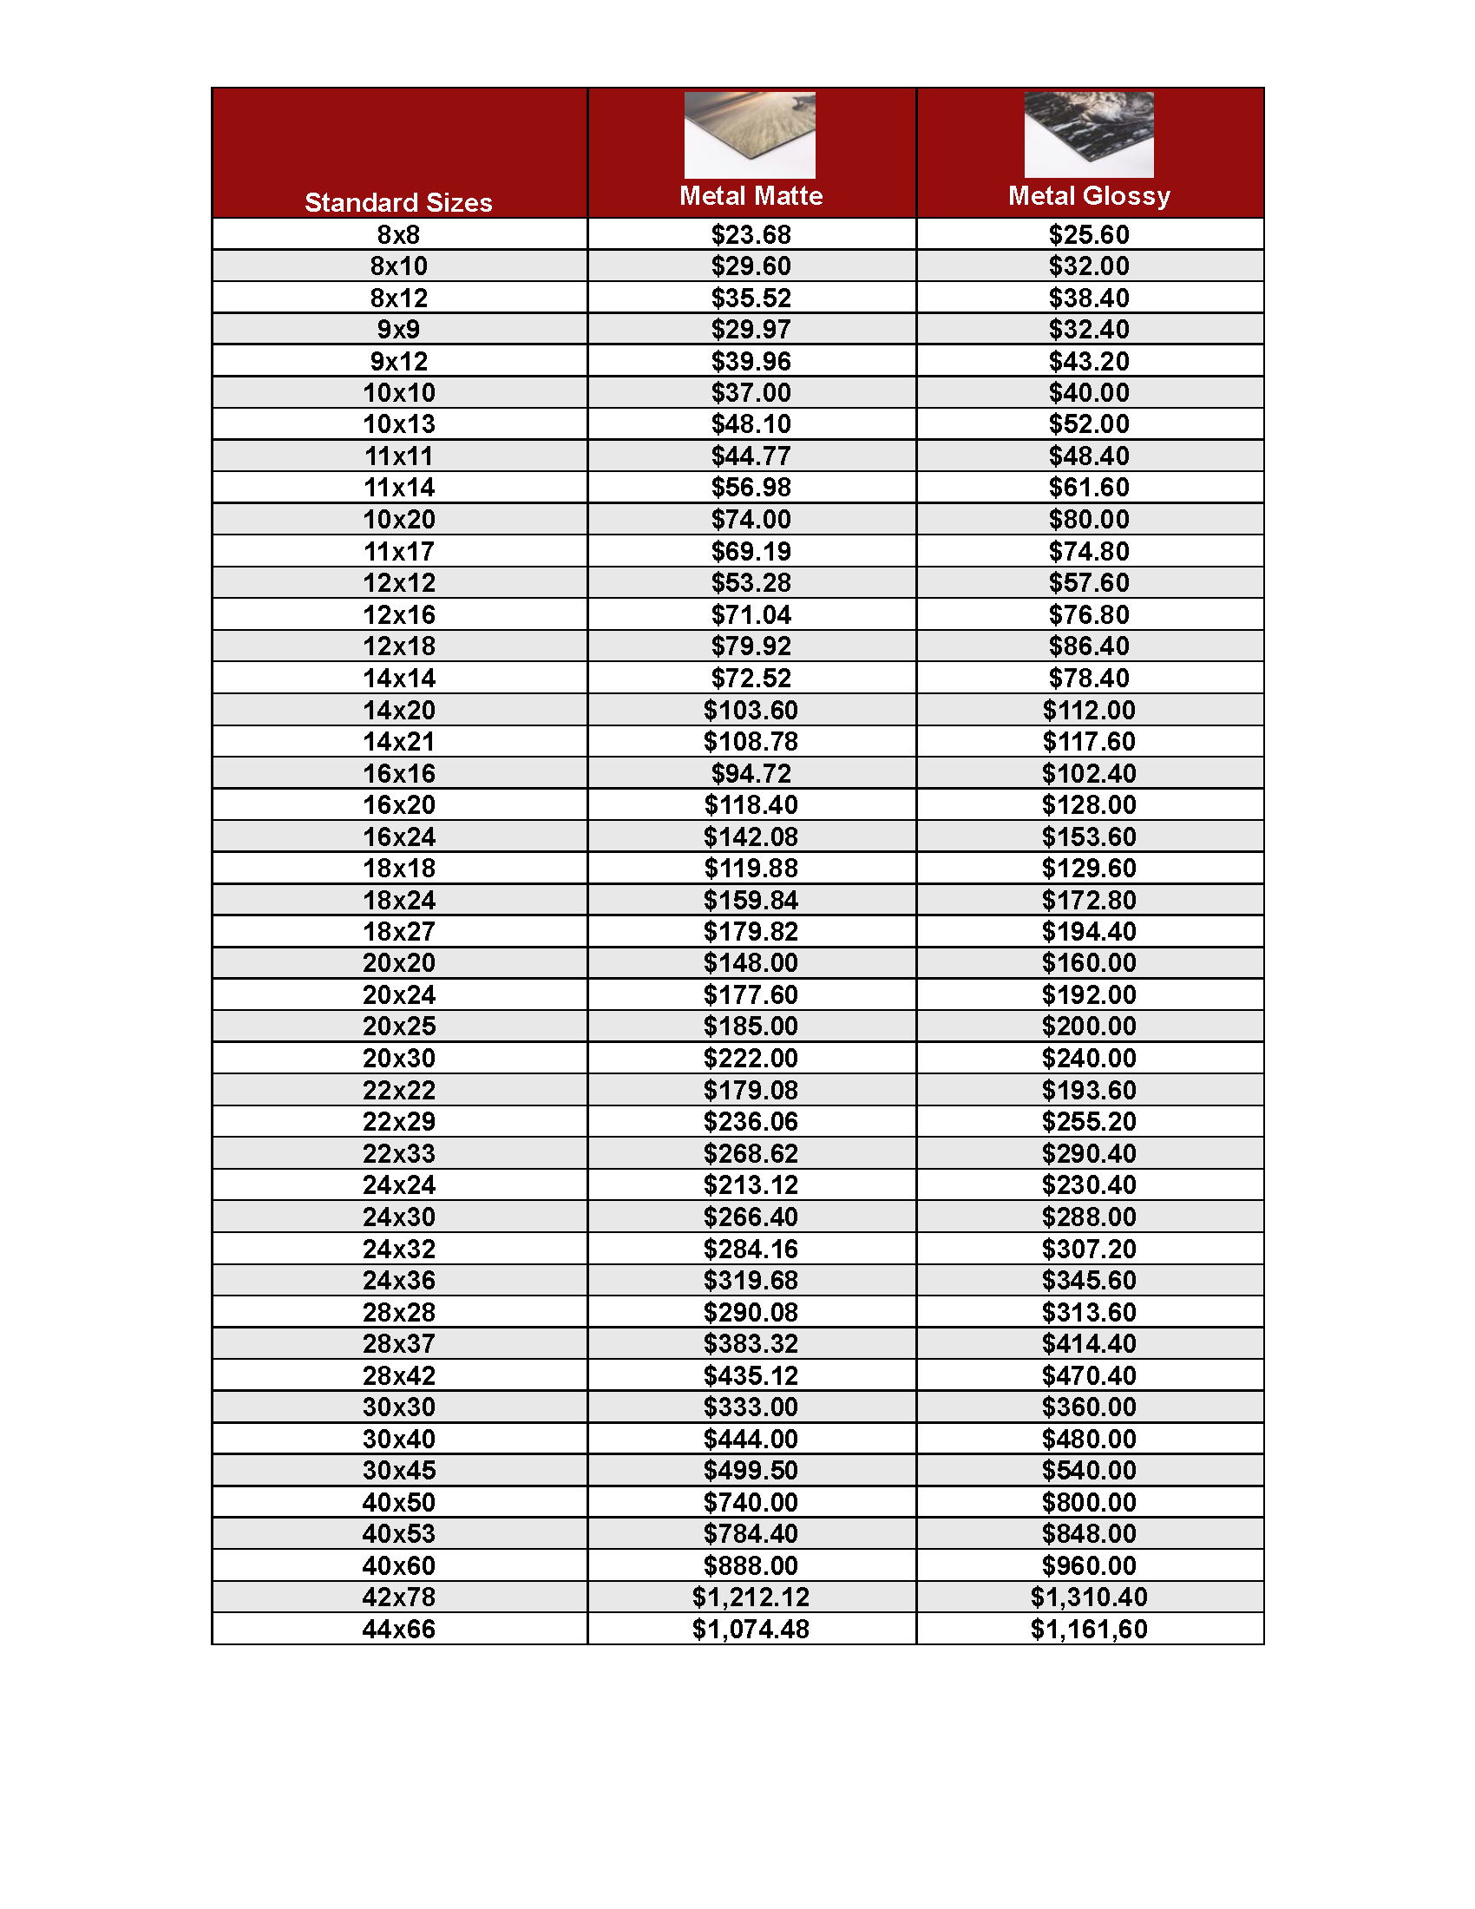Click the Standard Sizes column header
click(398, 203)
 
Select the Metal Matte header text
click(751, 196)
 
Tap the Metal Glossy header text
click(1089, 196)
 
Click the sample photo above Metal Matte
click(750, 134)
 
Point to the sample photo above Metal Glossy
click(1089, 134)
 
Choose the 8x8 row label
click(398, 234)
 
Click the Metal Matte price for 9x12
click(751, 361)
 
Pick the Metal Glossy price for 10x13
click(1089, 424)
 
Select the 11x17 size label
click(398, 552)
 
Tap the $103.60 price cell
click(751, 710)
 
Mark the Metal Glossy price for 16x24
click(1089, 836)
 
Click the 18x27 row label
click(398, 931)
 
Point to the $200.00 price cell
click(1089, 1027)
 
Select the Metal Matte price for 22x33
click(751, 1153)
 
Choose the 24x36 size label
click(398, 1280)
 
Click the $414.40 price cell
click(1089, 1343)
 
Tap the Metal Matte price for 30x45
click(751, 1470)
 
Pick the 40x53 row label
click(398, 1533)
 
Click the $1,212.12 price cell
click(751, 1597)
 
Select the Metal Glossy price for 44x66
click(1089, 1629)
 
